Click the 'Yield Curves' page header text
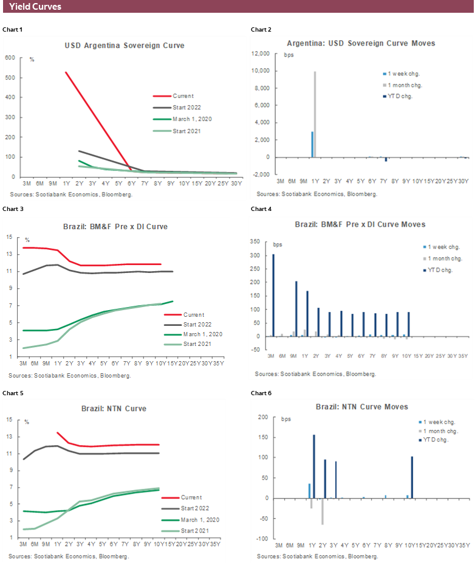tap(35, 7)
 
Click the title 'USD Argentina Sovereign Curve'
tap(125, 46)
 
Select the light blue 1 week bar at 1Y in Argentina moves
tap(312, 144)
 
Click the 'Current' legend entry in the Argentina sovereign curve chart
tap(182, 96)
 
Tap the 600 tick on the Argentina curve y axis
tap(10, 58)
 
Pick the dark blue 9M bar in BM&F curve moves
tap(296, 309)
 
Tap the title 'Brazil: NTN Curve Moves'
tap(361, 406)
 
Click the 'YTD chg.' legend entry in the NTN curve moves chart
tap(435, 440)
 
